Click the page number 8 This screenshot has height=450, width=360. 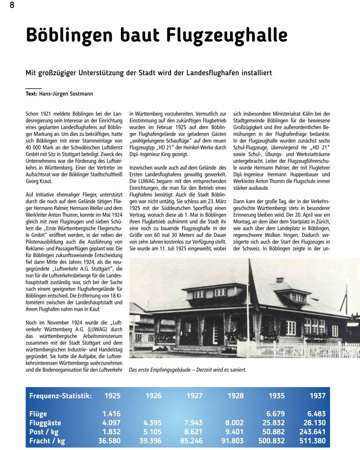[x=12, y=6]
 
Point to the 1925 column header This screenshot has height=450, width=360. [x=112, y=396]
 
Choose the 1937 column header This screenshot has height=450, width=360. [x=317, y=396]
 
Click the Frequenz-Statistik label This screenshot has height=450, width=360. [x=60, y=396]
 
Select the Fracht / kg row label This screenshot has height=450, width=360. [x=47, y=441]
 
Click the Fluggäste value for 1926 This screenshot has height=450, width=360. [x=153, y=423]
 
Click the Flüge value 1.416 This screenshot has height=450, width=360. [x=112, y=414]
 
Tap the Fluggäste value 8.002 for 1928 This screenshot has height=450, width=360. [x=235, y=423]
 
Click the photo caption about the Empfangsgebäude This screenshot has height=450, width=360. [x=187, y=370]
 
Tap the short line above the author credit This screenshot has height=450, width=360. [x=34, y=89]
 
